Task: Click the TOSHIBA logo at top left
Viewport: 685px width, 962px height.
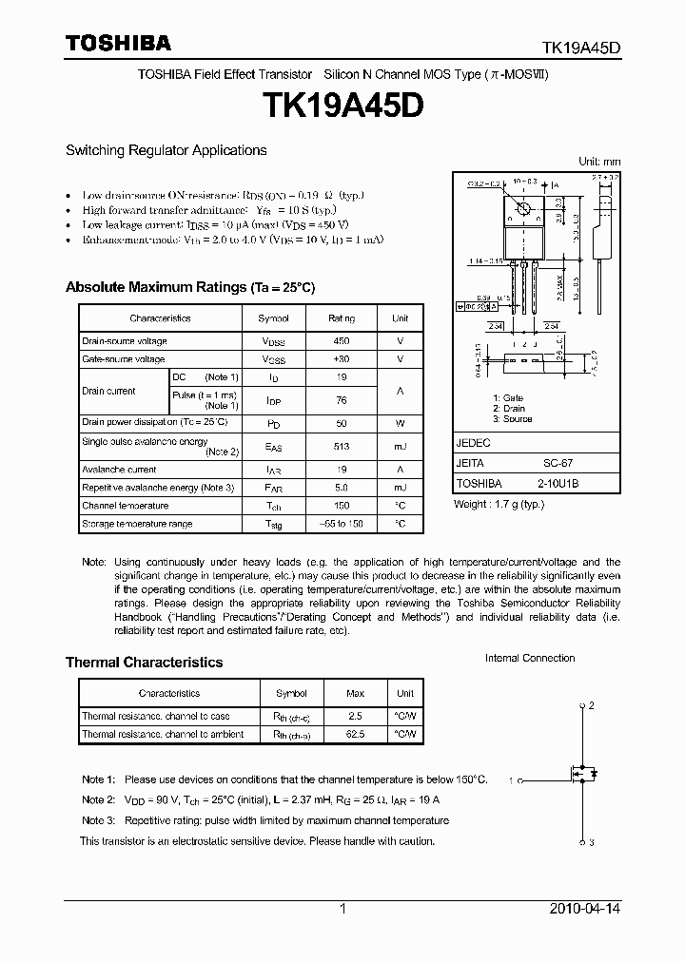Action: pos(118,44)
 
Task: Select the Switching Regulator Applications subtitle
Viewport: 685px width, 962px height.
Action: pos(166,150)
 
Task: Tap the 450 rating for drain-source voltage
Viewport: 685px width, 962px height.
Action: pos(341,340)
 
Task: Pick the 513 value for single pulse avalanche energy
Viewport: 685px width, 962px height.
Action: pos(341,446)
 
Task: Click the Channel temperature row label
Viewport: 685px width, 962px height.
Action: pos(125,506)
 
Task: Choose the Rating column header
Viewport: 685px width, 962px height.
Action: pos(341,318)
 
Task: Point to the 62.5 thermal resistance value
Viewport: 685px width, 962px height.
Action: pos(355,734)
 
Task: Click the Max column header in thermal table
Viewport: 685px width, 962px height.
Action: pos(355,693)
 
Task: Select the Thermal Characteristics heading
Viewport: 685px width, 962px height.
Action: pos(144,663)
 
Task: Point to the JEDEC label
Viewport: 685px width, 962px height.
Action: pos(473,443)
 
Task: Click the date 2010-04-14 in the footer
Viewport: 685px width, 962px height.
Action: pos(585,909)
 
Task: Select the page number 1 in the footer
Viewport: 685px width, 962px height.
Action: pos(342,909)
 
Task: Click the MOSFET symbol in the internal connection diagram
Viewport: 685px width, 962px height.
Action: pos(582,774)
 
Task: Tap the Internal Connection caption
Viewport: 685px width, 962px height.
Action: pos(530,658)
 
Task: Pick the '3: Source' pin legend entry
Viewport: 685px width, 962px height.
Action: pos(512,419)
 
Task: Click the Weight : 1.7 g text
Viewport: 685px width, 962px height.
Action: pos(499,504)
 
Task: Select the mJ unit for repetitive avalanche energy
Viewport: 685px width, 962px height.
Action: pos(400,488)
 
